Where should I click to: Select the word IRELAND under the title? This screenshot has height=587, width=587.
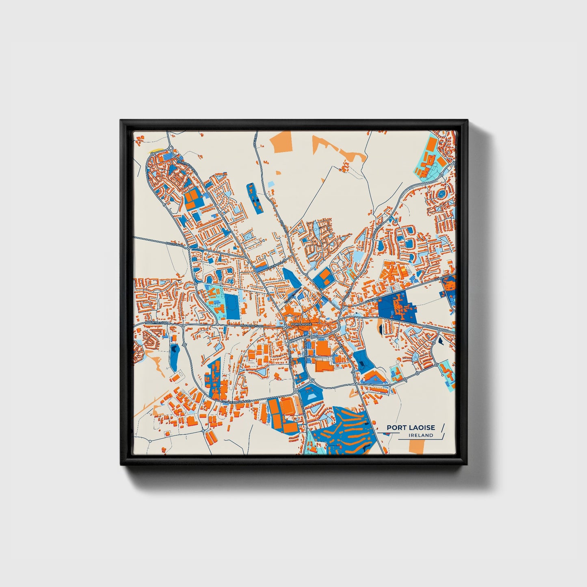(421, 435)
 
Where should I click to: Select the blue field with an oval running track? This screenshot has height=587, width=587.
(232, 307)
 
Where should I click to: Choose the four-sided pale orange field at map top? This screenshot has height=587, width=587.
(283, 142)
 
